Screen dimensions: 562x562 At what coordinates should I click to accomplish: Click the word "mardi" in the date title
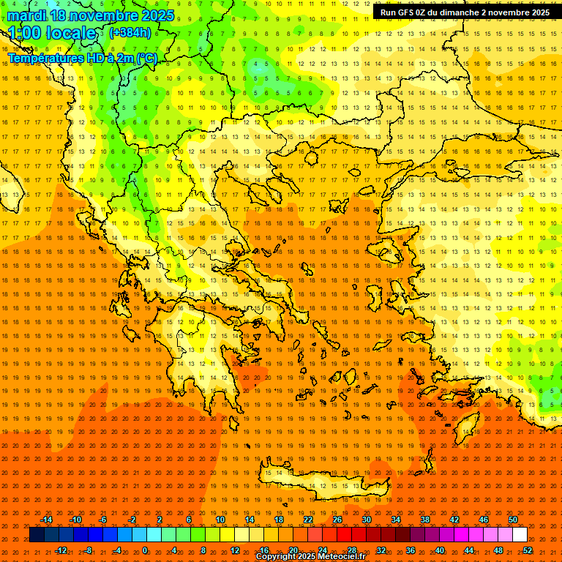click(x=27, y=15)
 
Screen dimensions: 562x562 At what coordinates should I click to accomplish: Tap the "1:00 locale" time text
click(x=52, y=33)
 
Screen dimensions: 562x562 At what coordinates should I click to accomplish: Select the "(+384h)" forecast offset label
click(x=130, y=32)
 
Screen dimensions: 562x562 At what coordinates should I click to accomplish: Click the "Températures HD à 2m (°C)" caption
click(x=83, y=58)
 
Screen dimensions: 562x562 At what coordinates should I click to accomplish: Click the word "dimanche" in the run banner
click(x=463, y=12)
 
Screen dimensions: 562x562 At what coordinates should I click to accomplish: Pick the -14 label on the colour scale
click(x=46, y=520)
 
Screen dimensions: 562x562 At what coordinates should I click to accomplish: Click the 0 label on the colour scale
click(x=145, y=550)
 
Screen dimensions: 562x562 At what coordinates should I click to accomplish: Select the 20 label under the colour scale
click(x=293, y=550)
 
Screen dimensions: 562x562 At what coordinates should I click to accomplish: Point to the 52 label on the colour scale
click(x=528, y=550)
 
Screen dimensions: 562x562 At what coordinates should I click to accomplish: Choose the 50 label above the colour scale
click(x=513, y=520)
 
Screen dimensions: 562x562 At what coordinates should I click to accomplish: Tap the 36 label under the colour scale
click(x=411, y=550)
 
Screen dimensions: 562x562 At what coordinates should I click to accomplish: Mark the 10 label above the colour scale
click(x=220, y=520)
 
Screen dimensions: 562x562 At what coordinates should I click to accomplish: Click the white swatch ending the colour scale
click(x=520, y=535)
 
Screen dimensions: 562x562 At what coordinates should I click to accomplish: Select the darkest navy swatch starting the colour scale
click(x=37, y=535)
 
